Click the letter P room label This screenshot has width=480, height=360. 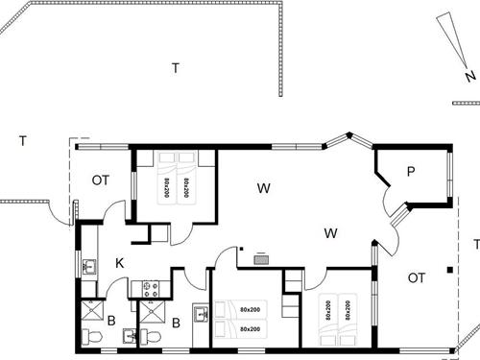[410, 172]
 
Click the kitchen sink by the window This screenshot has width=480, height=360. [88, 267]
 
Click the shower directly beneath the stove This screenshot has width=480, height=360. [152, 312]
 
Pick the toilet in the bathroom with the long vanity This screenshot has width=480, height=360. [151, 336]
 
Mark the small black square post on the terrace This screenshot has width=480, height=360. [451, 268]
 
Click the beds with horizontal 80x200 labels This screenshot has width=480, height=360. [249, 319]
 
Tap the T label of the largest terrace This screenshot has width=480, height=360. [175, 67]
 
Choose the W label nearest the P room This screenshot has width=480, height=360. [331, 232]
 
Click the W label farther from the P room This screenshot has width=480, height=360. [263, 187]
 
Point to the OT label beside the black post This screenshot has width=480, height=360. [416, 278]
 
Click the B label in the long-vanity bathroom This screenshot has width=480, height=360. [176, 323]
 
